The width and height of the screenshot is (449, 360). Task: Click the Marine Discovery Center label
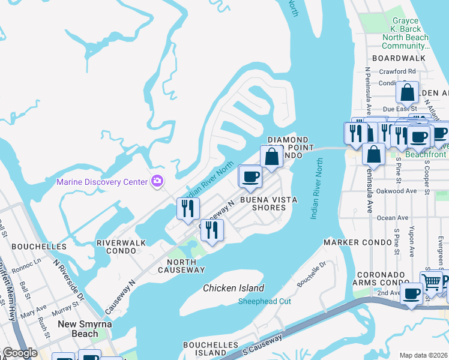[103, 182]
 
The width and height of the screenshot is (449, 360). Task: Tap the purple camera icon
[158, 181]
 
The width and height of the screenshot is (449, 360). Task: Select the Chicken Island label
[233, 289]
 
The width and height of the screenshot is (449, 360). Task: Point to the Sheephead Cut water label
[264, 301]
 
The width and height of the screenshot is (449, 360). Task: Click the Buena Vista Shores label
[263, 203]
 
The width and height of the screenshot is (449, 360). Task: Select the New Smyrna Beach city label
[77, 329]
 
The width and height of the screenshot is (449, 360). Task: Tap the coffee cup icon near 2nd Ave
[411, 293]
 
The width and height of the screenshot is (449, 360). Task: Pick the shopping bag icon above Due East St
[407, 93]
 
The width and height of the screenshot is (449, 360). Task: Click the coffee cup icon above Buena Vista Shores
[250, 176]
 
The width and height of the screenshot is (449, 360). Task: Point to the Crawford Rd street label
[397, 71]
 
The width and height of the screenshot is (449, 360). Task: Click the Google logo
[19, 353]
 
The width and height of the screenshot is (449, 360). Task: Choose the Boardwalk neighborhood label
[399, 58]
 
